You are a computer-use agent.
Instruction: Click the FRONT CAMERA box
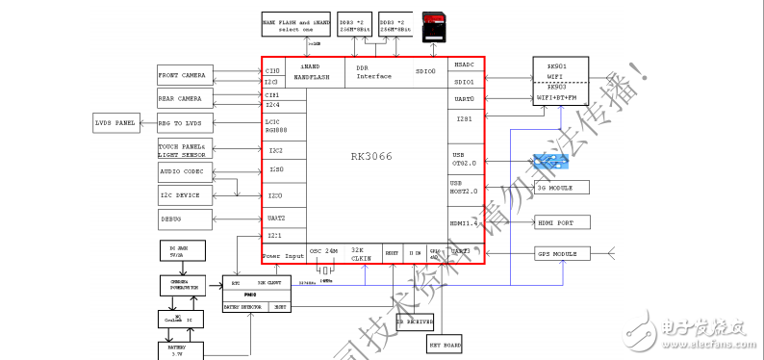click(182, 75)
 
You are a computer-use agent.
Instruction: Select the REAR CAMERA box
click(182, 98)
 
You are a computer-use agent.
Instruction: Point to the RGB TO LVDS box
click(182, 122)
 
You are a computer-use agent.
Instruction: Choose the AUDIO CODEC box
click(182, 172)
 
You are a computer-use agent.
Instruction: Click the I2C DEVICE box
click(182, 195)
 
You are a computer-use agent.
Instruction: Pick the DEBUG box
click(182, 219)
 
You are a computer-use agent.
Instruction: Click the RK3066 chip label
click(372, 157)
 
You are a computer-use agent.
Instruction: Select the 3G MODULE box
click(562, 188)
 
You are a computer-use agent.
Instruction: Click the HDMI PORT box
click(562, 222)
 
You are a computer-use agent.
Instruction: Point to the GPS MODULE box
click(562, 254)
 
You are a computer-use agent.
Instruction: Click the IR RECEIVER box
click(415, 321)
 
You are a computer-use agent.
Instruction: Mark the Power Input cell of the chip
click(283, 256)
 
